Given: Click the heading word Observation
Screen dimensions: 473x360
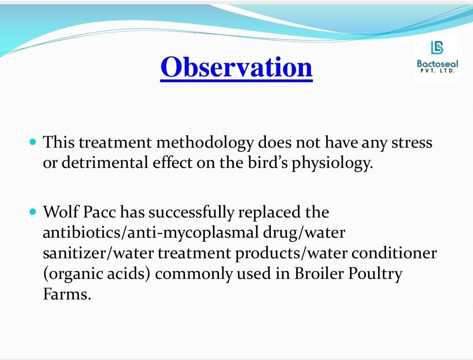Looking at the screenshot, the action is (x=236, y=67).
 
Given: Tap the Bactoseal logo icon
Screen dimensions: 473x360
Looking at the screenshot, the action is (x=437, y=47).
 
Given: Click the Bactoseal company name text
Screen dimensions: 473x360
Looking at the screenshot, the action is (x=438, y=64).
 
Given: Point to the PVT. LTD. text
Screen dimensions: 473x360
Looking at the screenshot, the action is (x=438, y=71).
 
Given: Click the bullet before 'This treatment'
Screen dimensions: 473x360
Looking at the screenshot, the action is (x=32, y=142).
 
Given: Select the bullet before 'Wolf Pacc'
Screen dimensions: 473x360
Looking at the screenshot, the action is (x=32, y=212).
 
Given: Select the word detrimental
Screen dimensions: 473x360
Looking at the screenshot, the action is (x=105, y=163).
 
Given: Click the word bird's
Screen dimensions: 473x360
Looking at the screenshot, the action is (x=268, y=162).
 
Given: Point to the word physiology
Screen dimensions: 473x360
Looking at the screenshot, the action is (x=332, y=164).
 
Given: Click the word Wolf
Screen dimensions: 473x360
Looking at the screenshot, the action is (x=61, y=212).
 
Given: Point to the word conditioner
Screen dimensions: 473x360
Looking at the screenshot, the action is (x=394, y=253).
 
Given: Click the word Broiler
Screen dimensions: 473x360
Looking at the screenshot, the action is (x=319, y=273).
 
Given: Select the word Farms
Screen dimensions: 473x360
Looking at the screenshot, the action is (x=67, y=294).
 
